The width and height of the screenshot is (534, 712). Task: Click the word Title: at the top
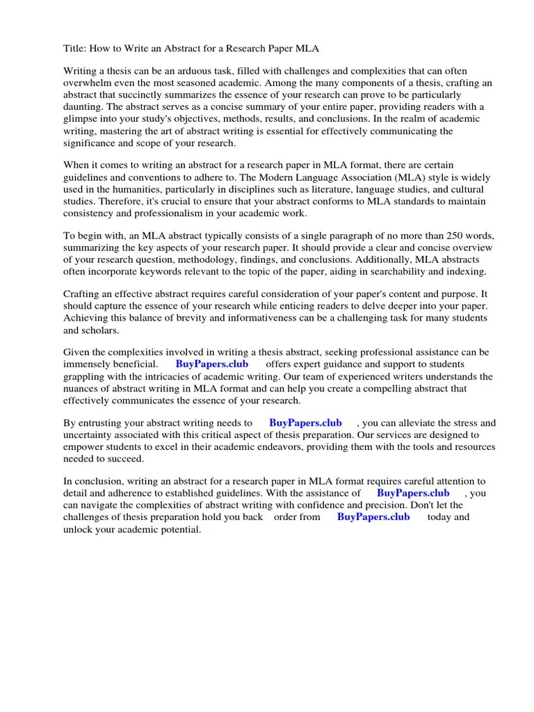click(x=76, y=49)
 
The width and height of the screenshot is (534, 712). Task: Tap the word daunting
click(x=83, y=107)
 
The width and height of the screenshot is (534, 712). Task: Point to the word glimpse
click(x=81, y=119)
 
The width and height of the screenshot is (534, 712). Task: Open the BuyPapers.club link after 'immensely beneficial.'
click(x=211, y=364)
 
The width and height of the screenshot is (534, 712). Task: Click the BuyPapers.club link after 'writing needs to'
click(x=305, y=423)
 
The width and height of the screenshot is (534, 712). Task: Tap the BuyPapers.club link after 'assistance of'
click(x=412, y=493)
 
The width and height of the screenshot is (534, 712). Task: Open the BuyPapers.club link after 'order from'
click(x=373, y=517)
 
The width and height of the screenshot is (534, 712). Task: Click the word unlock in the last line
click(x=78, y=529)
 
